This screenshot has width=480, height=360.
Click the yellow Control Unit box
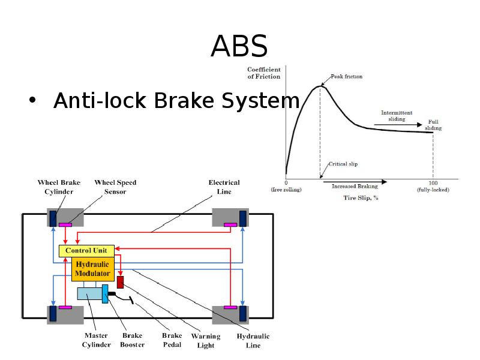tap(86, 250)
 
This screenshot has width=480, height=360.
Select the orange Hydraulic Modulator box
tap(92, 270)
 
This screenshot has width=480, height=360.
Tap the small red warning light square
tap(120, 282)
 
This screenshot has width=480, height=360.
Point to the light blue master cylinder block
tap(89, 293)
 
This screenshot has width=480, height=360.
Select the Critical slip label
tap(344, 164)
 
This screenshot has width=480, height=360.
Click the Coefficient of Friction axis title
tap(264, 73)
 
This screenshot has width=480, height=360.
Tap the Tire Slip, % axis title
tap(361, 197)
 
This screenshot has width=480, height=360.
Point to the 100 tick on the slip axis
tap(433, 182)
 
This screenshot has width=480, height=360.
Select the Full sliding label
tap(433, 125)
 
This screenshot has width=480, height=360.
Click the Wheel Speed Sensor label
tap(115, 187)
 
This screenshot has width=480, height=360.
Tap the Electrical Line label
tap(224, 187)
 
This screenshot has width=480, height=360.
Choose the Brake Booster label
tap(132, 340)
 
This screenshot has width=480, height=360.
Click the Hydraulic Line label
tap(253, 341)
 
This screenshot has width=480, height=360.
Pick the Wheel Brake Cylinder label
tap(59, 187)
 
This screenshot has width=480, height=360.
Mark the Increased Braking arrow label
tap(355, 187)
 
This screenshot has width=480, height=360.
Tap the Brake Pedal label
tap(172, 340)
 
